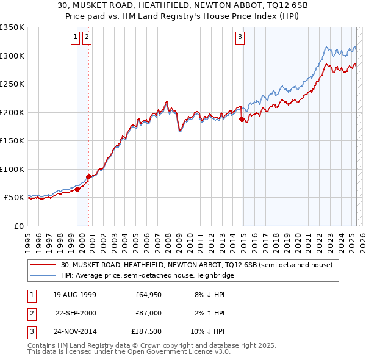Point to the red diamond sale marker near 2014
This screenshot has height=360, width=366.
click(242, 120)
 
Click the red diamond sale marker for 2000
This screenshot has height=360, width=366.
click(88, 176)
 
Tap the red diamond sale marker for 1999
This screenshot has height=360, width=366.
click(77, 189)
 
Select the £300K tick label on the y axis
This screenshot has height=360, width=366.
click(12, 56)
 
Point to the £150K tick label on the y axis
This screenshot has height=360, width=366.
click(12, 140)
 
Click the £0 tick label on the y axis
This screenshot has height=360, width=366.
click(18, 226)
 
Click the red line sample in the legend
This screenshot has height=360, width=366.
click(43, 265)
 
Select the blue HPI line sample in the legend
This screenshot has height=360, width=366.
click(43, 275)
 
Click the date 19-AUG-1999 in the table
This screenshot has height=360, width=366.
click(75, 295)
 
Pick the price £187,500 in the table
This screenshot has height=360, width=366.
click(146, 331)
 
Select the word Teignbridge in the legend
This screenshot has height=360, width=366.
click(213, 275)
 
